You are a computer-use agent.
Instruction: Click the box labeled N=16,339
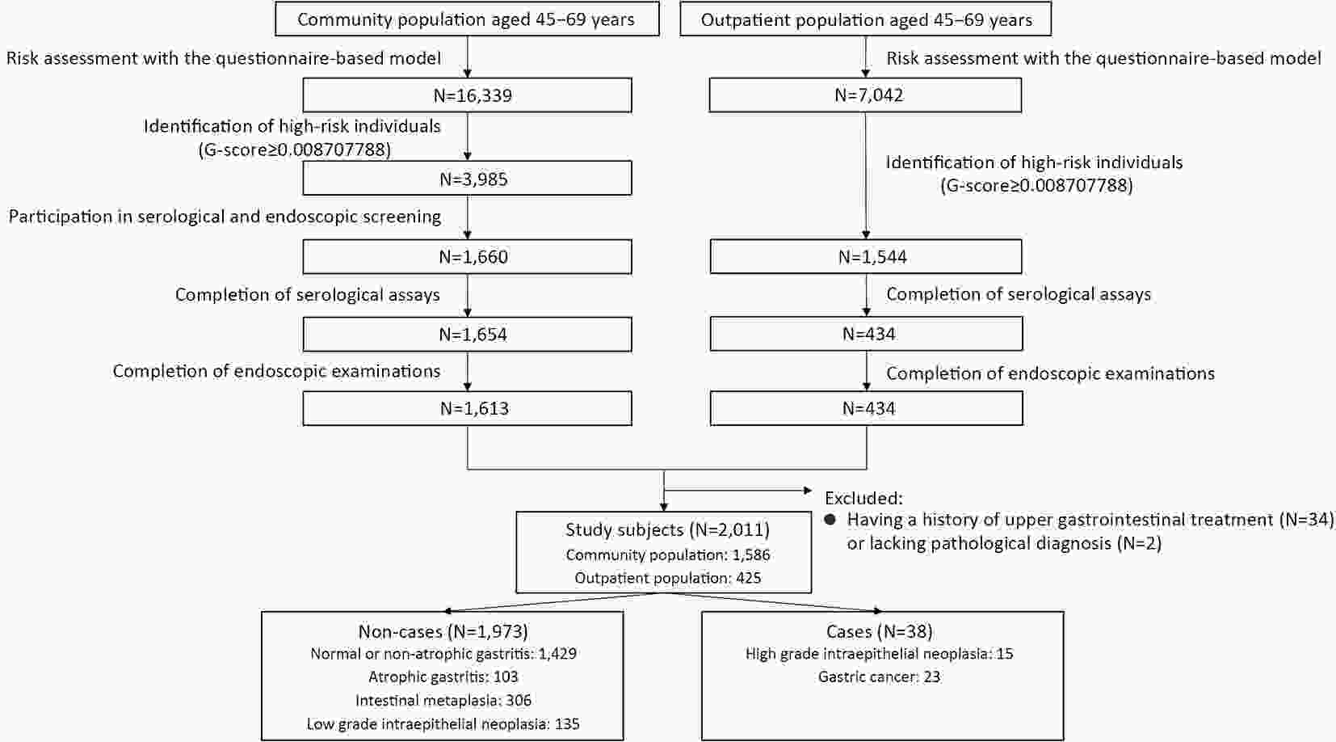[467, 95]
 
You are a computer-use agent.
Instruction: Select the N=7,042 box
[865, 95]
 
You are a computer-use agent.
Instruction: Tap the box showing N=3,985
[467, 178]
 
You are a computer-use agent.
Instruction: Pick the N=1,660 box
[467, 257]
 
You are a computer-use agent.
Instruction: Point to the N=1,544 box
[866, 257]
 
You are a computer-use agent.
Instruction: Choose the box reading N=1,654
[467, 334]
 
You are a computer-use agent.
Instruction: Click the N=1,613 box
[467, 408]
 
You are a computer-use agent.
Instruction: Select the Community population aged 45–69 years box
[467, 19]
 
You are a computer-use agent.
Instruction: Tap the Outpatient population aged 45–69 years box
[865, 19]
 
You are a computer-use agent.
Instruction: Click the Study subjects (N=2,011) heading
[667, 529]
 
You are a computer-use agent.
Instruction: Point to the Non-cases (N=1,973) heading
[443, 631]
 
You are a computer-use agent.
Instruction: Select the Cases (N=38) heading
[879, 631]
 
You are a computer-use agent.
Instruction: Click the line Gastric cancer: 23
[879, 677]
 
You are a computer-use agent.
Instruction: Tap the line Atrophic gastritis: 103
[443, 677]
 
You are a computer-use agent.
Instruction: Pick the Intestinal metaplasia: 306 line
[443, 700]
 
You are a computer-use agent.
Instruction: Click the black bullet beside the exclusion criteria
[830, 520]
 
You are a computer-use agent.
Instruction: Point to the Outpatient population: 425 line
[667, 578]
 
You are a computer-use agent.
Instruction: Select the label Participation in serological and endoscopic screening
[225, 217]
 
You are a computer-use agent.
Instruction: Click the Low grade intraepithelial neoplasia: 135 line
[443, 724]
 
